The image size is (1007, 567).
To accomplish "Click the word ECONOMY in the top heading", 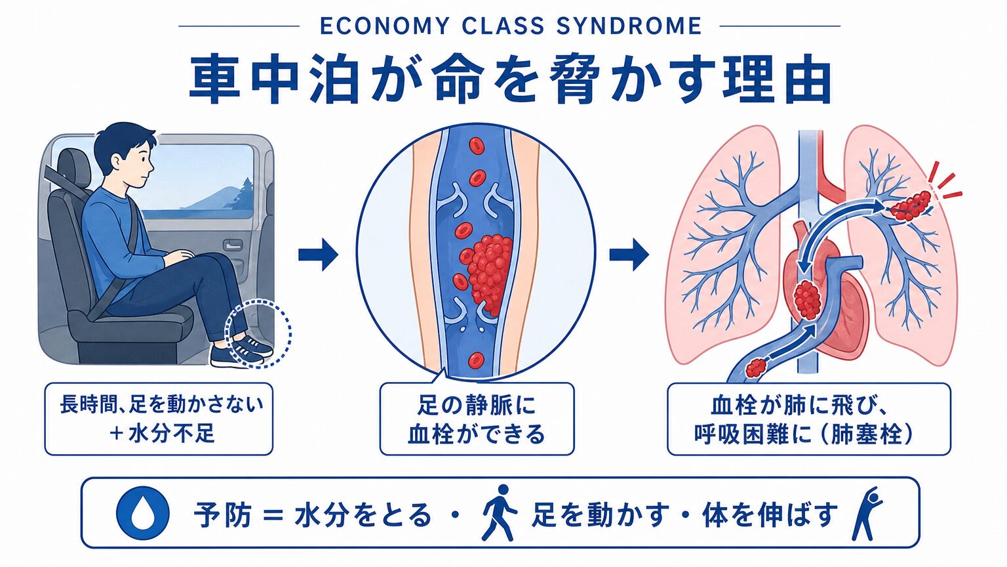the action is (x=384, y=26).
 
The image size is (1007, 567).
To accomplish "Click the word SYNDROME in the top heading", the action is (x=629, y=26).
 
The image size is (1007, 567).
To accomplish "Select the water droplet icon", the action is (x=143, y=513).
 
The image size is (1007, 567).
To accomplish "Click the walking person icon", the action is (x=498, y=513).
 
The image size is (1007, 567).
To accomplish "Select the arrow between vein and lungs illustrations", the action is (x=629, y=255).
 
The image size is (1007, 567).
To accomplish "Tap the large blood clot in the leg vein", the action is (x=487, y=273).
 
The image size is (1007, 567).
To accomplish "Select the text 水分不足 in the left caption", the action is (x=171, y=434).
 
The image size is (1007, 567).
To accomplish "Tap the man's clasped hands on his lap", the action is (x=178, y=257).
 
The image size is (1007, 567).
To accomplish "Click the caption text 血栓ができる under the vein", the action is (x=476, y=434).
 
